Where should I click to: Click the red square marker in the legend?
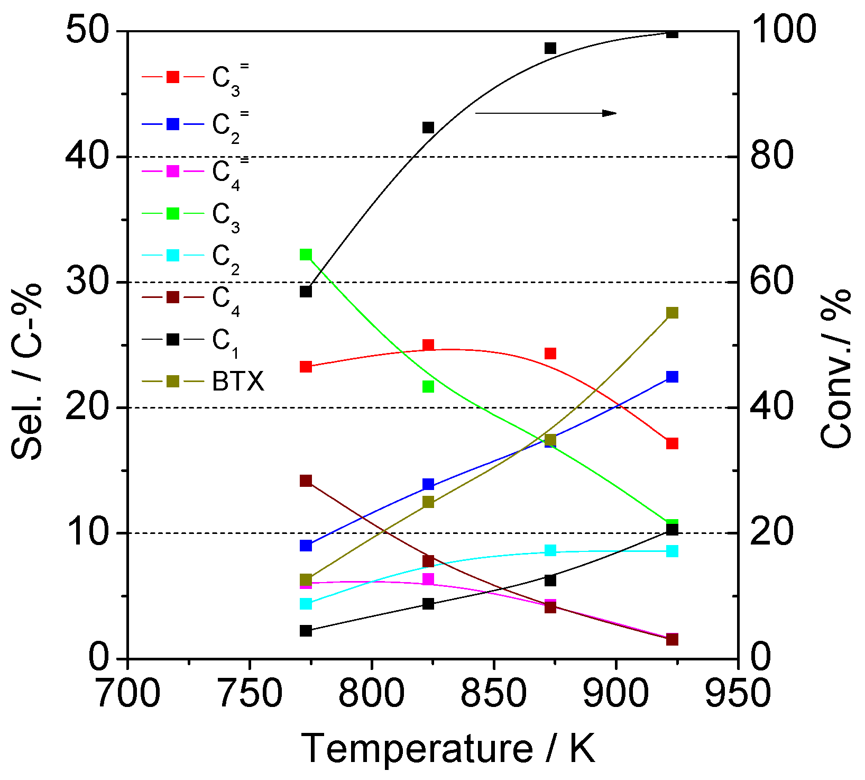[173, 77]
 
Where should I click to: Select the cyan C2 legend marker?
[173, 255]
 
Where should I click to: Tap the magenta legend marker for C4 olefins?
[173, 171]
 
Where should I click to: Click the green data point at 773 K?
[306, 255]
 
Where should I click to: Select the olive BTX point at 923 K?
[672, 313]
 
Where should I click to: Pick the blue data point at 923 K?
[672, 377]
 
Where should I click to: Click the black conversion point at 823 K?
[428, 128]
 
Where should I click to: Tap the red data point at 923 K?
[672, 443]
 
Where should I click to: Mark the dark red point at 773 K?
[306, 480]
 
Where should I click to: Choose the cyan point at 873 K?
[550, 550]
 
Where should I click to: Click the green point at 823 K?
[428, 387]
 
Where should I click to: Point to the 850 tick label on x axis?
[493, 694]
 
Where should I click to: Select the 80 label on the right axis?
[771, 157]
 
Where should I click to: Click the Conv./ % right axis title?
[837, 368]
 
